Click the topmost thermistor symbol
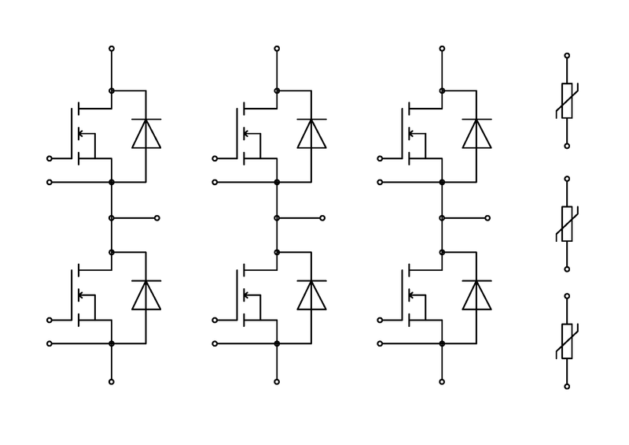567,101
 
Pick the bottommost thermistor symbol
567,341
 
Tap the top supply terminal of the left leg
112,49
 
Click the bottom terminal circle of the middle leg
277,382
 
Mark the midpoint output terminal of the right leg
488,217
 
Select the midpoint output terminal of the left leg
158,217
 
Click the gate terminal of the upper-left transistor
50,158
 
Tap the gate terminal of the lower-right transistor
381,320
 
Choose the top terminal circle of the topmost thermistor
567,57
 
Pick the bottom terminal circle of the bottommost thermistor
567,386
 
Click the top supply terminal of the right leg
442,49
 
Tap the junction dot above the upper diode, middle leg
277,91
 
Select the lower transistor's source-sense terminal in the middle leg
215,343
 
